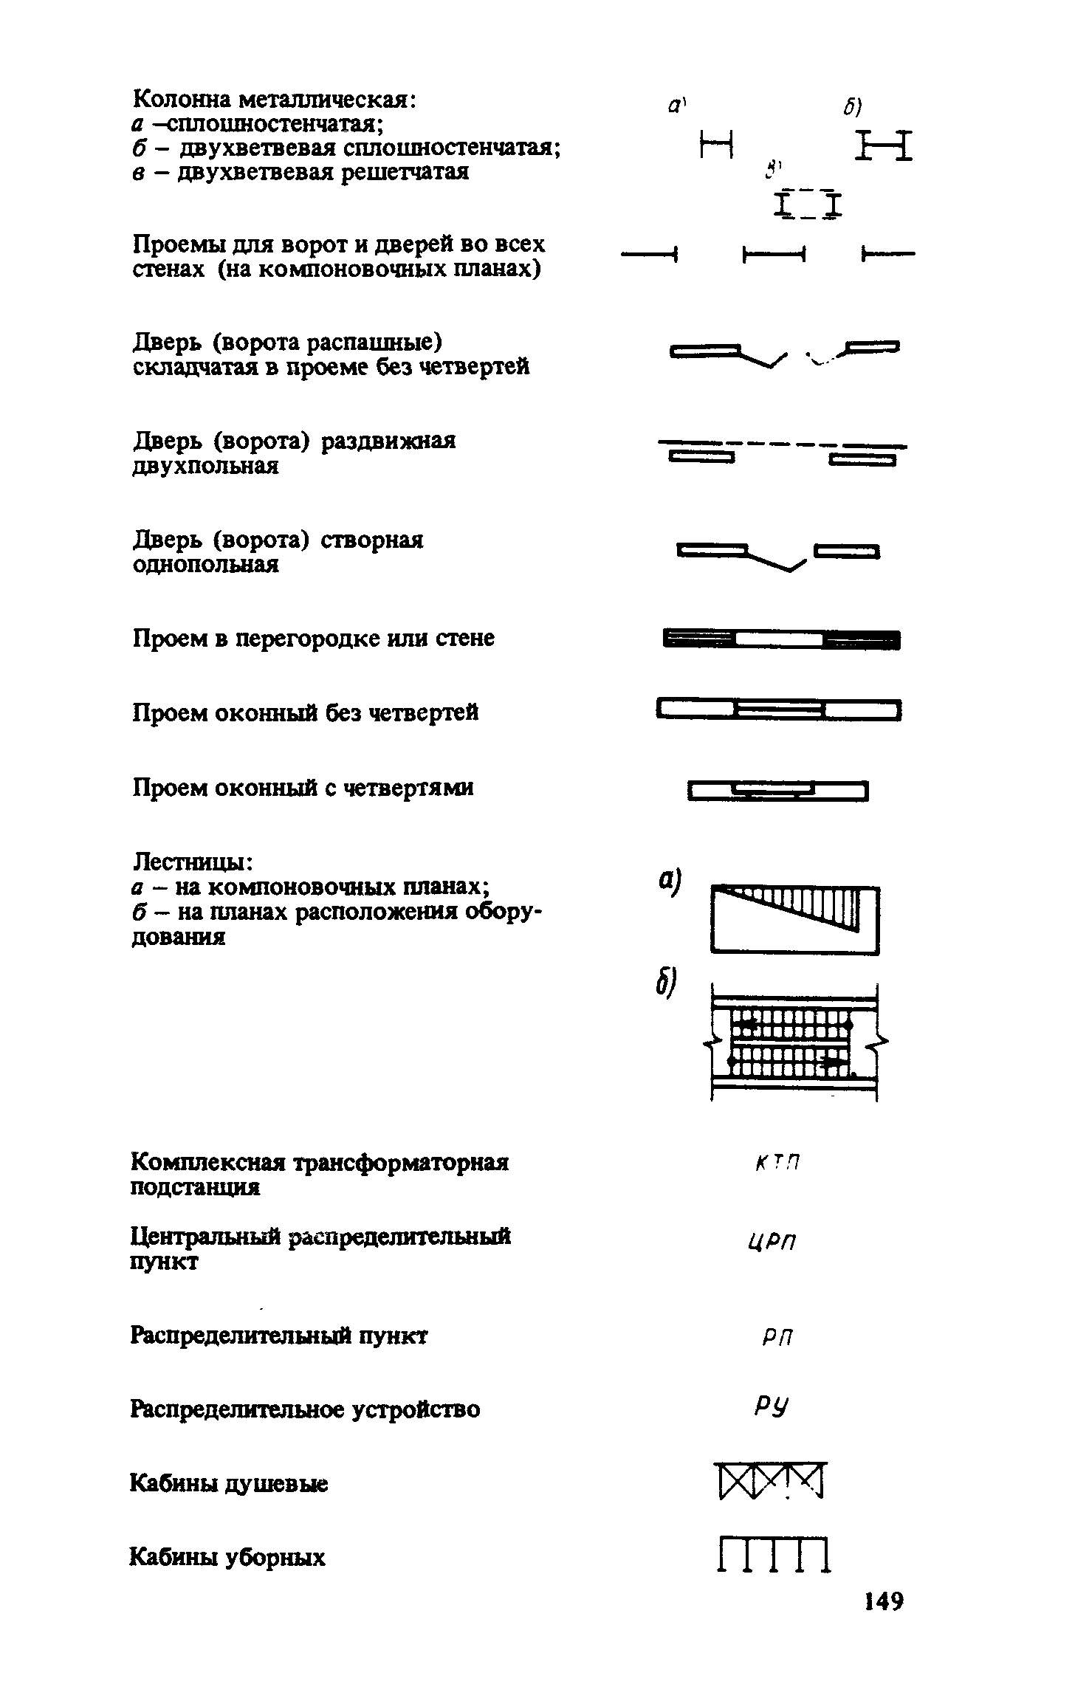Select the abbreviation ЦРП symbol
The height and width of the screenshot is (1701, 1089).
772,1242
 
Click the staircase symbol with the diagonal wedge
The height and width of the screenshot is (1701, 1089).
794,919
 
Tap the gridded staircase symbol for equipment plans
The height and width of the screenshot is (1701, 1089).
794,1042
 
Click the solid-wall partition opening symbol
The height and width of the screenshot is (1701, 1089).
781,639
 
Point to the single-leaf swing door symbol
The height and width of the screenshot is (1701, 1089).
778,554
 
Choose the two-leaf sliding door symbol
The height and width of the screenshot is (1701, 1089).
782,453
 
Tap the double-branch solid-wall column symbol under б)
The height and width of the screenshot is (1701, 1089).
884,145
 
